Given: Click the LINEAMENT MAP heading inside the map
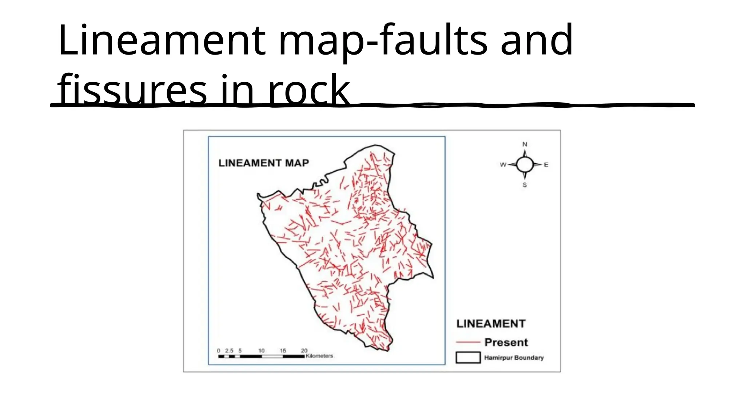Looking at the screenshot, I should [264, 163].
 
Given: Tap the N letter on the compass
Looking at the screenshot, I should [525, 144].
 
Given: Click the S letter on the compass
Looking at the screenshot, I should [525, 185].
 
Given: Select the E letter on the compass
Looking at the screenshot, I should [546, 165].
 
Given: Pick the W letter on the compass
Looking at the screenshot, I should [503, 165].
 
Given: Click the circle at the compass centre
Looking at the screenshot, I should [525, 165].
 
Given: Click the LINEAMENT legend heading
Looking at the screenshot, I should [491, 324].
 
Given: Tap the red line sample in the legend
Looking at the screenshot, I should [468, 342].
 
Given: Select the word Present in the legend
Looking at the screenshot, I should [506, 342].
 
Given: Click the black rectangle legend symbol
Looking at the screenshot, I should [468, 358].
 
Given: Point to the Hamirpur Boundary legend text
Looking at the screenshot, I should [514, 358].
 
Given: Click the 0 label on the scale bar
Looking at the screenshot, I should [218, 351].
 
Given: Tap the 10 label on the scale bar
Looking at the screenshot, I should [261, 351].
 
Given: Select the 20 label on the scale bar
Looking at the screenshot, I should [304, 351].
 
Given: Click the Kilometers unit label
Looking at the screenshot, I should [319, 356].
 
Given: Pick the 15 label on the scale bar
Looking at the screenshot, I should [283, 351].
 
